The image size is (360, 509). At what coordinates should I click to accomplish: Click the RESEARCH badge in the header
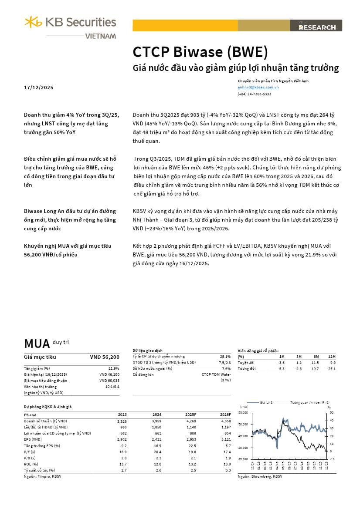click(317, 27)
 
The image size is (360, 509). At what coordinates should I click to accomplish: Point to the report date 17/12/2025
click(39, 88)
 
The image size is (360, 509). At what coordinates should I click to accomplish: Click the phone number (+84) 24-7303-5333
click(254, 94)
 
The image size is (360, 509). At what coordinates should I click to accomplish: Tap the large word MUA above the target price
click(37, 344)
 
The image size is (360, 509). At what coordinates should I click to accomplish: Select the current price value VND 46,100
click(109, 374)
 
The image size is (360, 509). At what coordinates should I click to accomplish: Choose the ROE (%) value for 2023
click(122, 464)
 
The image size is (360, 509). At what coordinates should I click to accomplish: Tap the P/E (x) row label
click(30, 452)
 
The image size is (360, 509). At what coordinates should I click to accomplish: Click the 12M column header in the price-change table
click(333, 356)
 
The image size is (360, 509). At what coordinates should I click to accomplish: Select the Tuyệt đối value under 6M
click(315, 363)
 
